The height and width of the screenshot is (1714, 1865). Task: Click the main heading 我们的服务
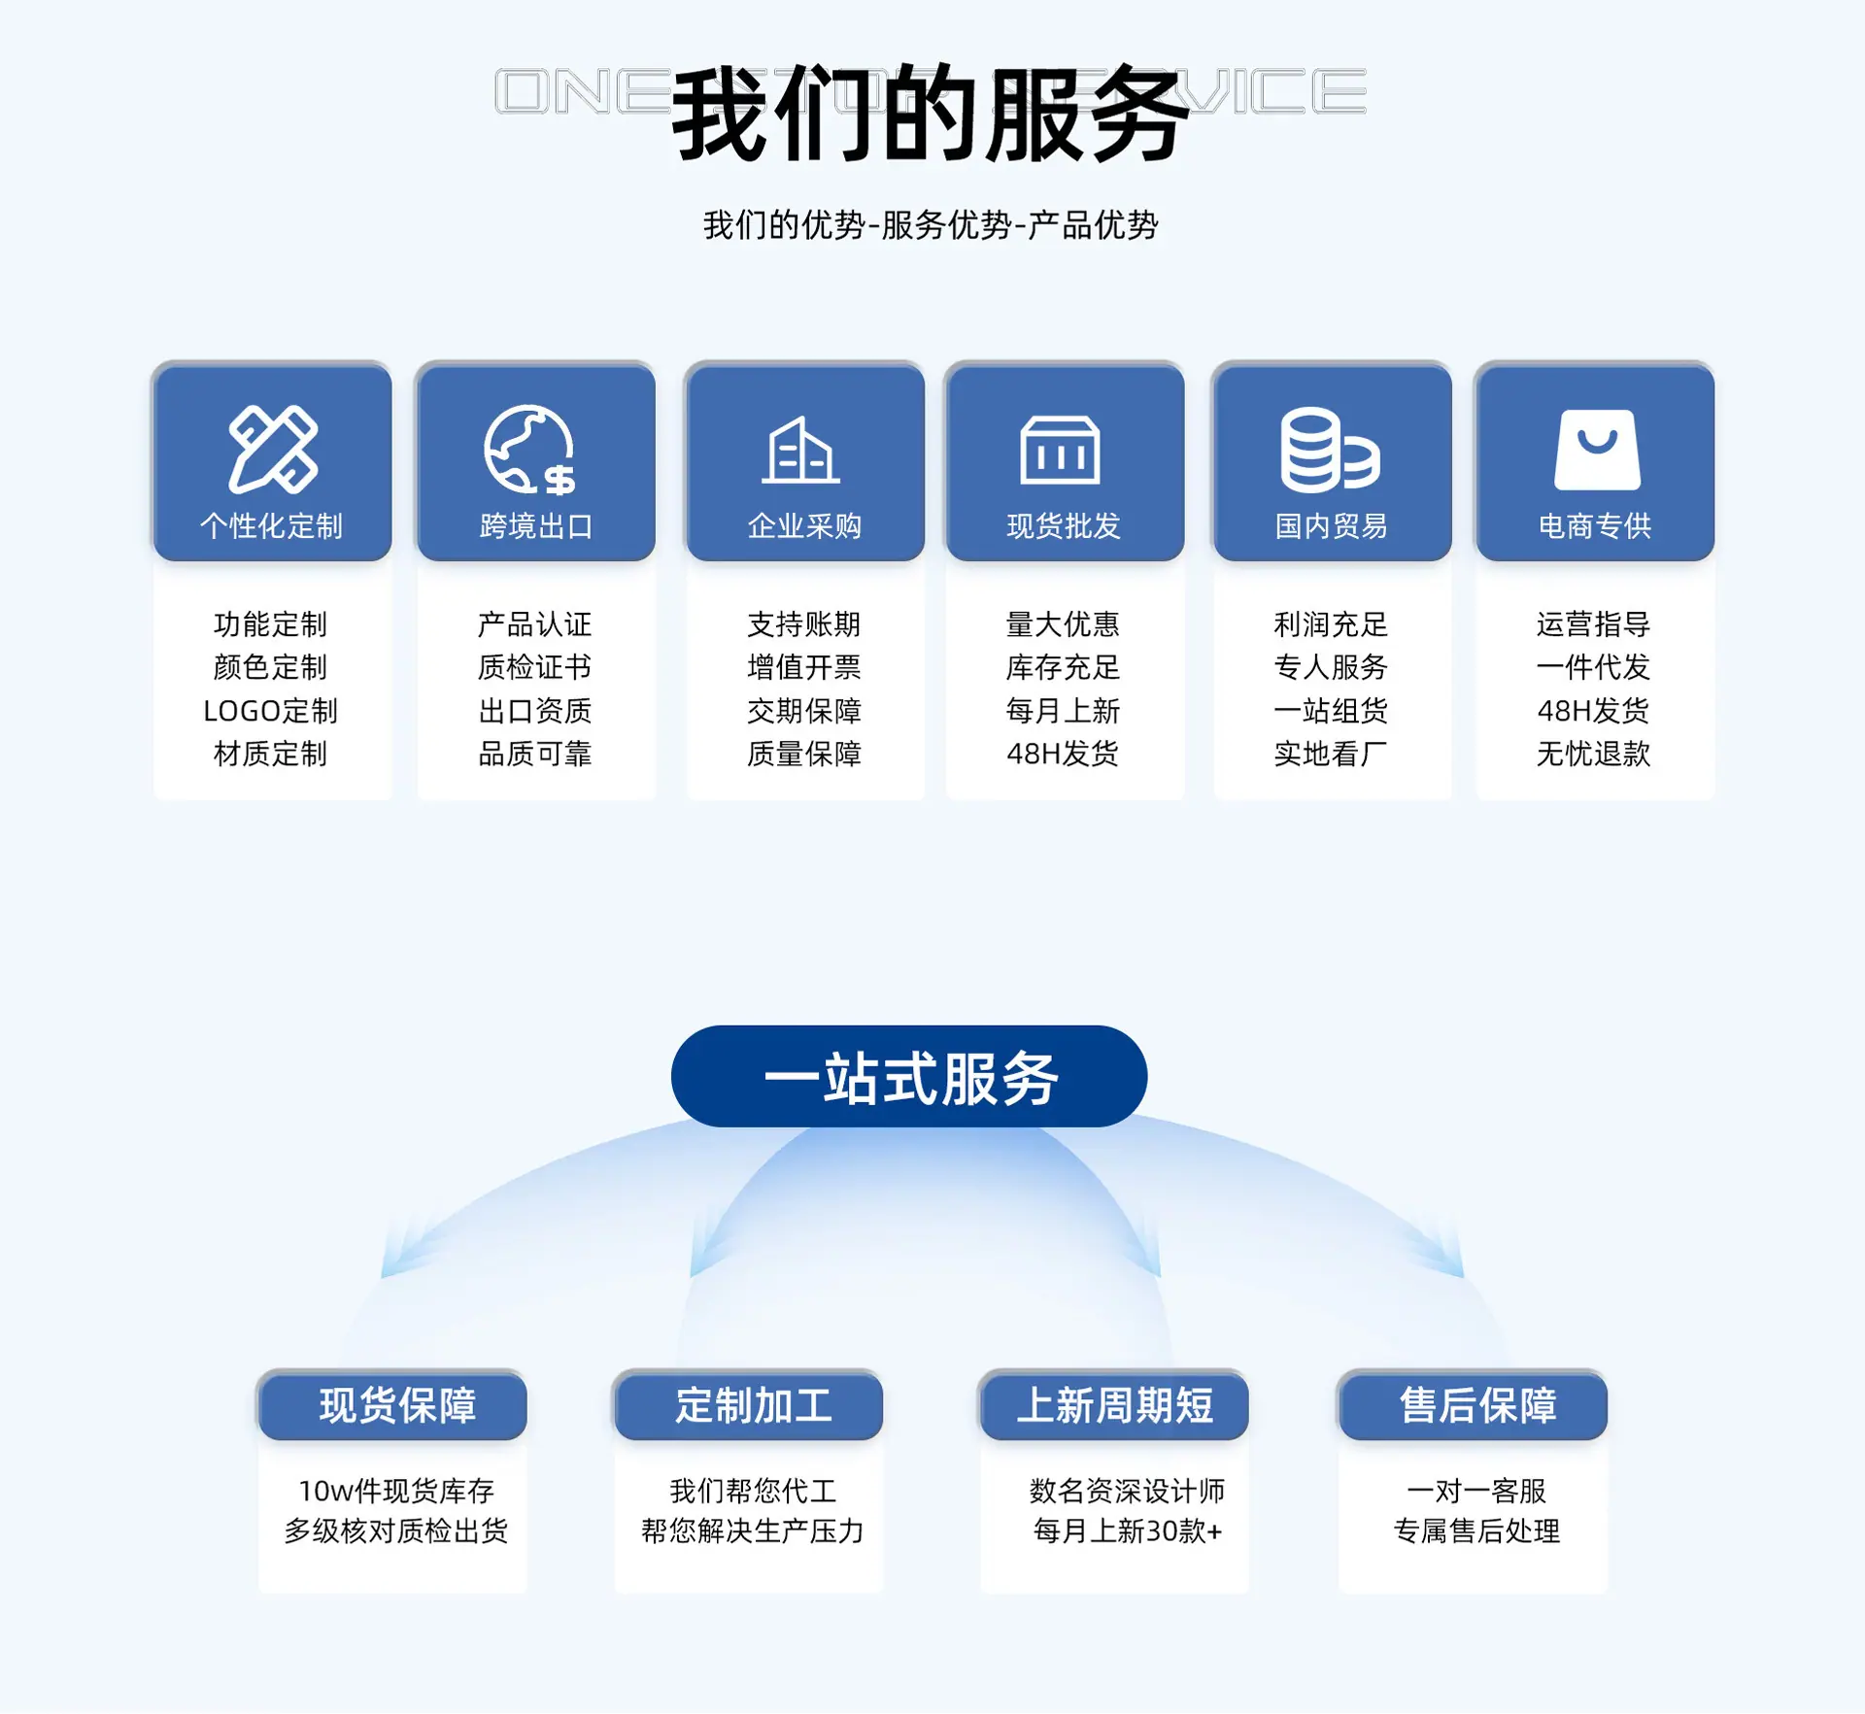931,113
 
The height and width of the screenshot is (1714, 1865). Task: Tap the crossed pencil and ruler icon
273,449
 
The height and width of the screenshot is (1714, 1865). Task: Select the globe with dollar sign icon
529,450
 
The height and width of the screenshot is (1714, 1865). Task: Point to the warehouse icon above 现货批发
1060,450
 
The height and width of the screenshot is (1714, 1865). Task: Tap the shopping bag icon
1597,449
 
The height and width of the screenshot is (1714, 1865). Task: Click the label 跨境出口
536,526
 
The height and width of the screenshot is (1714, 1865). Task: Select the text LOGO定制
270,711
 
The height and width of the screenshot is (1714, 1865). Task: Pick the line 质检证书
535,667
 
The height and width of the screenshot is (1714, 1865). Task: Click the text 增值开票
804,667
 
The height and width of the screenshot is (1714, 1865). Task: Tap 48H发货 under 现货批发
1063,754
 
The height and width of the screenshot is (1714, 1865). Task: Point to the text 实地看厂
1331,754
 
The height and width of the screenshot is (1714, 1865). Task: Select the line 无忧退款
1593,754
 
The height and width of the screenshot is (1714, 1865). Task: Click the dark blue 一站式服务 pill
909,1076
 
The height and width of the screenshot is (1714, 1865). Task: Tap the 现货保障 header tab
392,1405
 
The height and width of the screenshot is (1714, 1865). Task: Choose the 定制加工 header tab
749,1405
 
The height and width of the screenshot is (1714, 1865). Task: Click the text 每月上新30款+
1127,1531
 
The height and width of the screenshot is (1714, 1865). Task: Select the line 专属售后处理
1476,1531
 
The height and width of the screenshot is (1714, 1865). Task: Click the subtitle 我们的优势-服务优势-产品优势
931,225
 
